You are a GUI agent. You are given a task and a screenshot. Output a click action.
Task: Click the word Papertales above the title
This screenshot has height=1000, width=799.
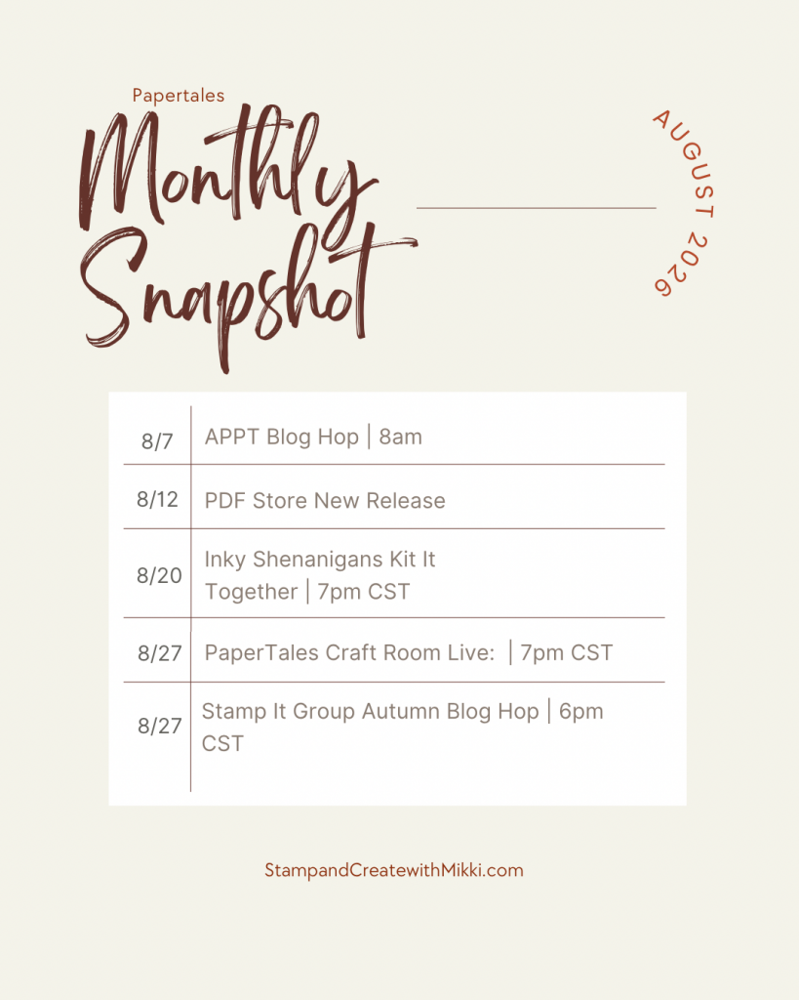(x=179, y=96)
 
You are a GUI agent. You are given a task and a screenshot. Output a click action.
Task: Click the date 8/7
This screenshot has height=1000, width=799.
(x=157, y=441)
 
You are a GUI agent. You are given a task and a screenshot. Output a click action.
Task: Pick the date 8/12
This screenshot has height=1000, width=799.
(x=157, y=499)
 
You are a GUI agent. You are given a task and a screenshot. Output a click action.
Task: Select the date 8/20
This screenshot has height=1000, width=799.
(x=159, y=575)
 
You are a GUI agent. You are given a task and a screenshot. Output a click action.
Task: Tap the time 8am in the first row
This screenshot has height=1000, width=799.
(x=401, y=437)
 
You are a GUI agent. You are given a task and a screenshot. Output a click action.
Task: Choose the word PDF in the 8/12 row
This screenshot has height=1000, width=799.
(x=224, y=501)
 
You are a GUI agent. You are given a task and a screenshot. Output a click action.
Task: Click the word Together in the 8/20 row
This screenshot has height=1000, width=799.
(x=251, y=592)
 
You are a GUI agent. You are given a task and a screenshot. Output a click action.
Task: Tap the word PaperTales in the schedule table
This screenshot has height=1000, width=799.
(x=261, y=653)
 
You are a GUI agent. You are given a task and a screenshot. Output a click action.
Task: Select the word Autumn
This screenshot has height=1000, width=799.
(x=401, y=711)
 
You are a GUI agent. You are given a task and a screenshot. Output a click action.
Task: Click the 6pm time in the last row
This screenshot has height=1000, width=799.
(x=581, y=712)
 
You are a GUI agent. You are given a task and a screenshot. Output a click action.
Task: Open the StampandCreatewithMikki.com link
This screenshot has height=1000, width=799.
(x=394, y=870)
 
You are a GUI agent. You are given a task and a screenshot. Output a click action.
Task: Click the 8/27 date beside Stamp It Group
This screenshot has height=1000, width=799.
(x=160, y=726)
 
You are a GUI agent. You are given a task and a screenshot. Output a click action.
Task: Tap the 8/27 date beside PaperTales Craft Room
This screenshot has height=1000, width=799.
(x=160, y=653)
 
